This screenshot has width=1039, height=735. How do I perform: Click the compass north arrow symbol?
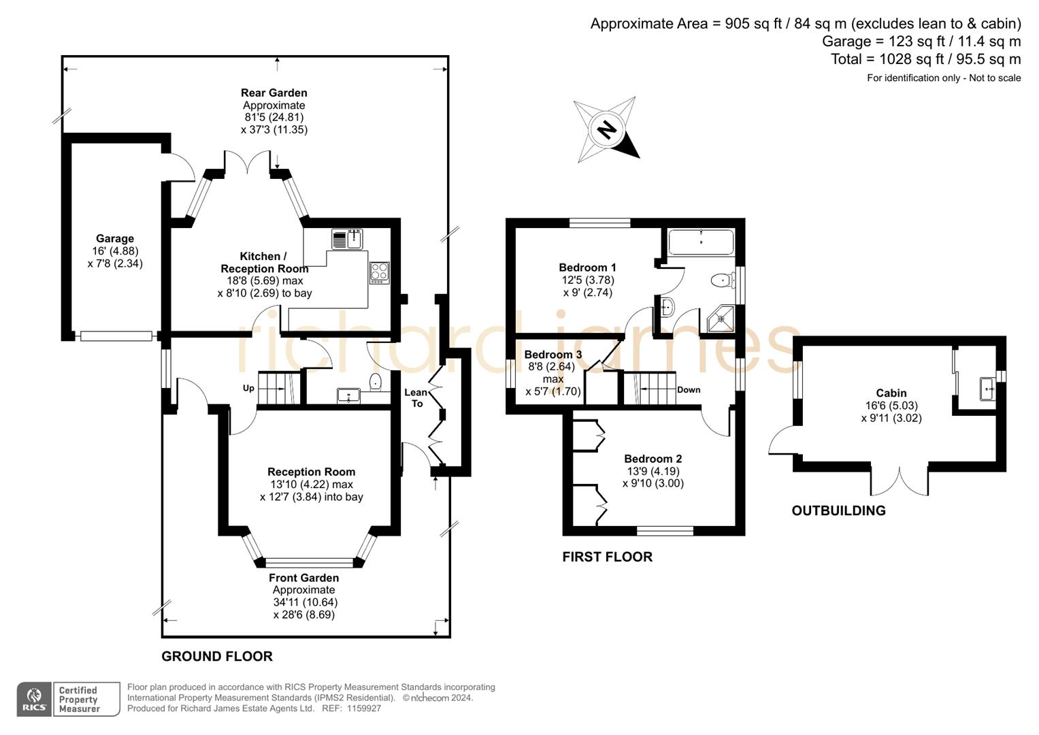[x=606, y=129]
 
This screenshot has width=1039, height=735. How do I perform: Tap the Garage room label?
[x=114, y=239]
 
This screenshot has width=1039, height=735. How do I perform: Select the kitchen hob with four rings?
[x=379, y=272]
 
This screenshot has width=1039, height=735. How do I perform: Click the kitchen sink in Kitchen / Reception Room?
[x=347, y=240]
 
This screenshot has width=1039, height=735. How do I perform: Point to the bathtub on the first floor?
[x=701, y=242]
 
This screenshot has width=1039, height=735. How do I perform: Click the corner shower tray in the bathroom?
[x=721, y=319]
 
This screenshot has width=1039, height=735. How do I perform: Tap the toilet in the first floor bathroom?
[x=722, y=280]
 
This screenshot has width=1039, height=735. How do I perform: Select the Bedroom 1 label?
[x=587, y=267]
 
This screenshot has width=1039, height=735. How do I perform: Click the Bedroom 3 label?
[x=553, y=355]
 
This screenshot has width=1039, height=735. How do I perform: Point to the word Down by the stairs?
[x=689, y=390]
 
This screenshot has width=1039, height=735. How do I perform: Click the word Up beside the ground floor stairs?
[x=248, y=388]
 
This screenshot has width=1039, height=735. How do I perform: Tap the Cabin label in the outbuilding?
[x=891, y=393]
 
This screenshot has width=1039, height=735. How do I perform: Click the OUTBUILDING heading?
[x=838, y=510]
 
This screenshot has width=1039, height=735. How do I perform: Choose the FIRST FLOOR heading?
[x=607, y=557]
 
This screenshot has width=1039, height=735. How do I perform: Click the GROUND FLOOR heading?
[x=216, y=656]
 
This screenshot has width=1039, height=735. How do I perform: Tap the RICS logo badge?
[x=34, y=699]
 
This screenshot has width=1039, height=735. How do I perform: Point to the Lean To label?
[x=416, y=397]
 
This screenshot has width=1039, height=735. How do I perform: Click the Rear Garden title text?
[x=274, y=93]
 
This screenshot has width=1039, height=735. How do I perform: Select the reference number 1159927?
[x=361, y=708]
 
